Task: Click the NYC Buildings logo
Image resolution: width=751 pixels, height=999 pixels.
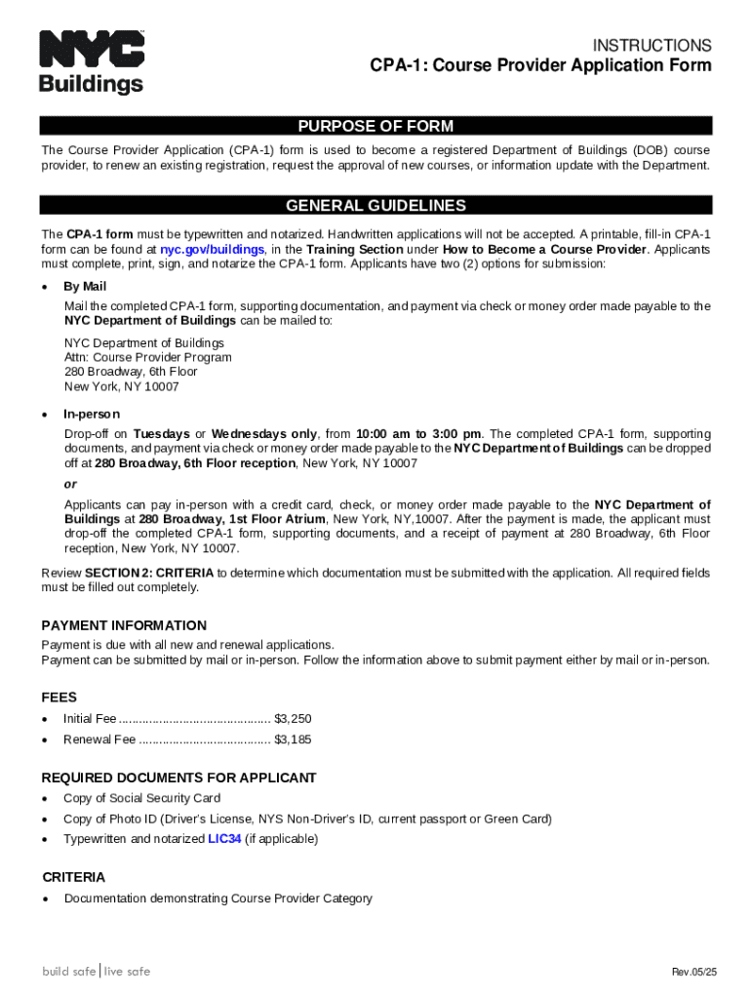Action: coord(92,62)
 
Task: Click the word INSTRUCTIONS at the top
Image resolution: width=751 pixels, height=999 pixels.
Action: coord(652,45)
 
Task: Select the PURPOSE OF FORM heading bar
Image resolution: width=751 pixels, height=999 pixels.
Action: coord(375,126)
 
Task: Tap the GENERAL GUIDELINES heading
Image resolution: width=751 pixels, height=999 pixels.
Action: coord(375,206)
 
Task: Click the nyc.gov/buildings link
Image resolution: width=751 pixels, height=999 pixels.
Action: coord(212,250)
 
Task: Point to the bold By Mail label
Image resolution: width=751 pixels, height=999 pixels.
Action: coord(85,287)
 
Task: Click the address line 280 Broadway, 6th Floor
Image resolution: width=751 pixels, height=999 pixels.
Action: coord(131,372)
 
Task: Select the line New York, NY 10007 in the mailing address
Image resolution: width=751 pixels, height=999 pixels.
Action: coord(122,386)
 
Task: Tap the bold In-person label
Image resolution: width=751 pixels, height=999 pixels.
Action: coord(92,414)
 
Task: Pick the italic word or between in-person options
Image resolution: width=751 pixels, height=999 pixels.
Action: coord(70,484)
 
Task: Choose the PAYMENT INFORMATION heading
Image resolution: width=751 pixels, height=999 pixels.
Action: coord(124,625)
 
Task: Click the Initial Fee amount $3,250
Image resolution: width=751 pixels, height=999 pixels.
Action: coord(293,719)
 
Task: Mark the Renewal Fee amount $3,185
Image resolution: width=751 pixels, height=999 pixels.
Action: coord(293,739)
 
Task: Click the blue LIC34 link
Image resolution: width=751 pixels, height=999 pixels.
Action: coord(224,839)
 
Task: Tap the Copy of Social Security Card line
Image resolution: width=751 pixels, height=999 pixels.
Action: coord(141,798)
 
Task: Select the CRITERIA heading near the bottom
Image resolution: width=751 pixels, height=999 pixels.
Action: coord(73,877)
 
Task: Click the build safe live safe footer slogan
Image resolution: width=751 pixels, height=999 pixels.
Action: coord(96,971)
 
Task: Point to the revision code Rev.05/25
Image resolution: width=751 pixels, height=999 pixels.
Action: coord(693,973)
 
